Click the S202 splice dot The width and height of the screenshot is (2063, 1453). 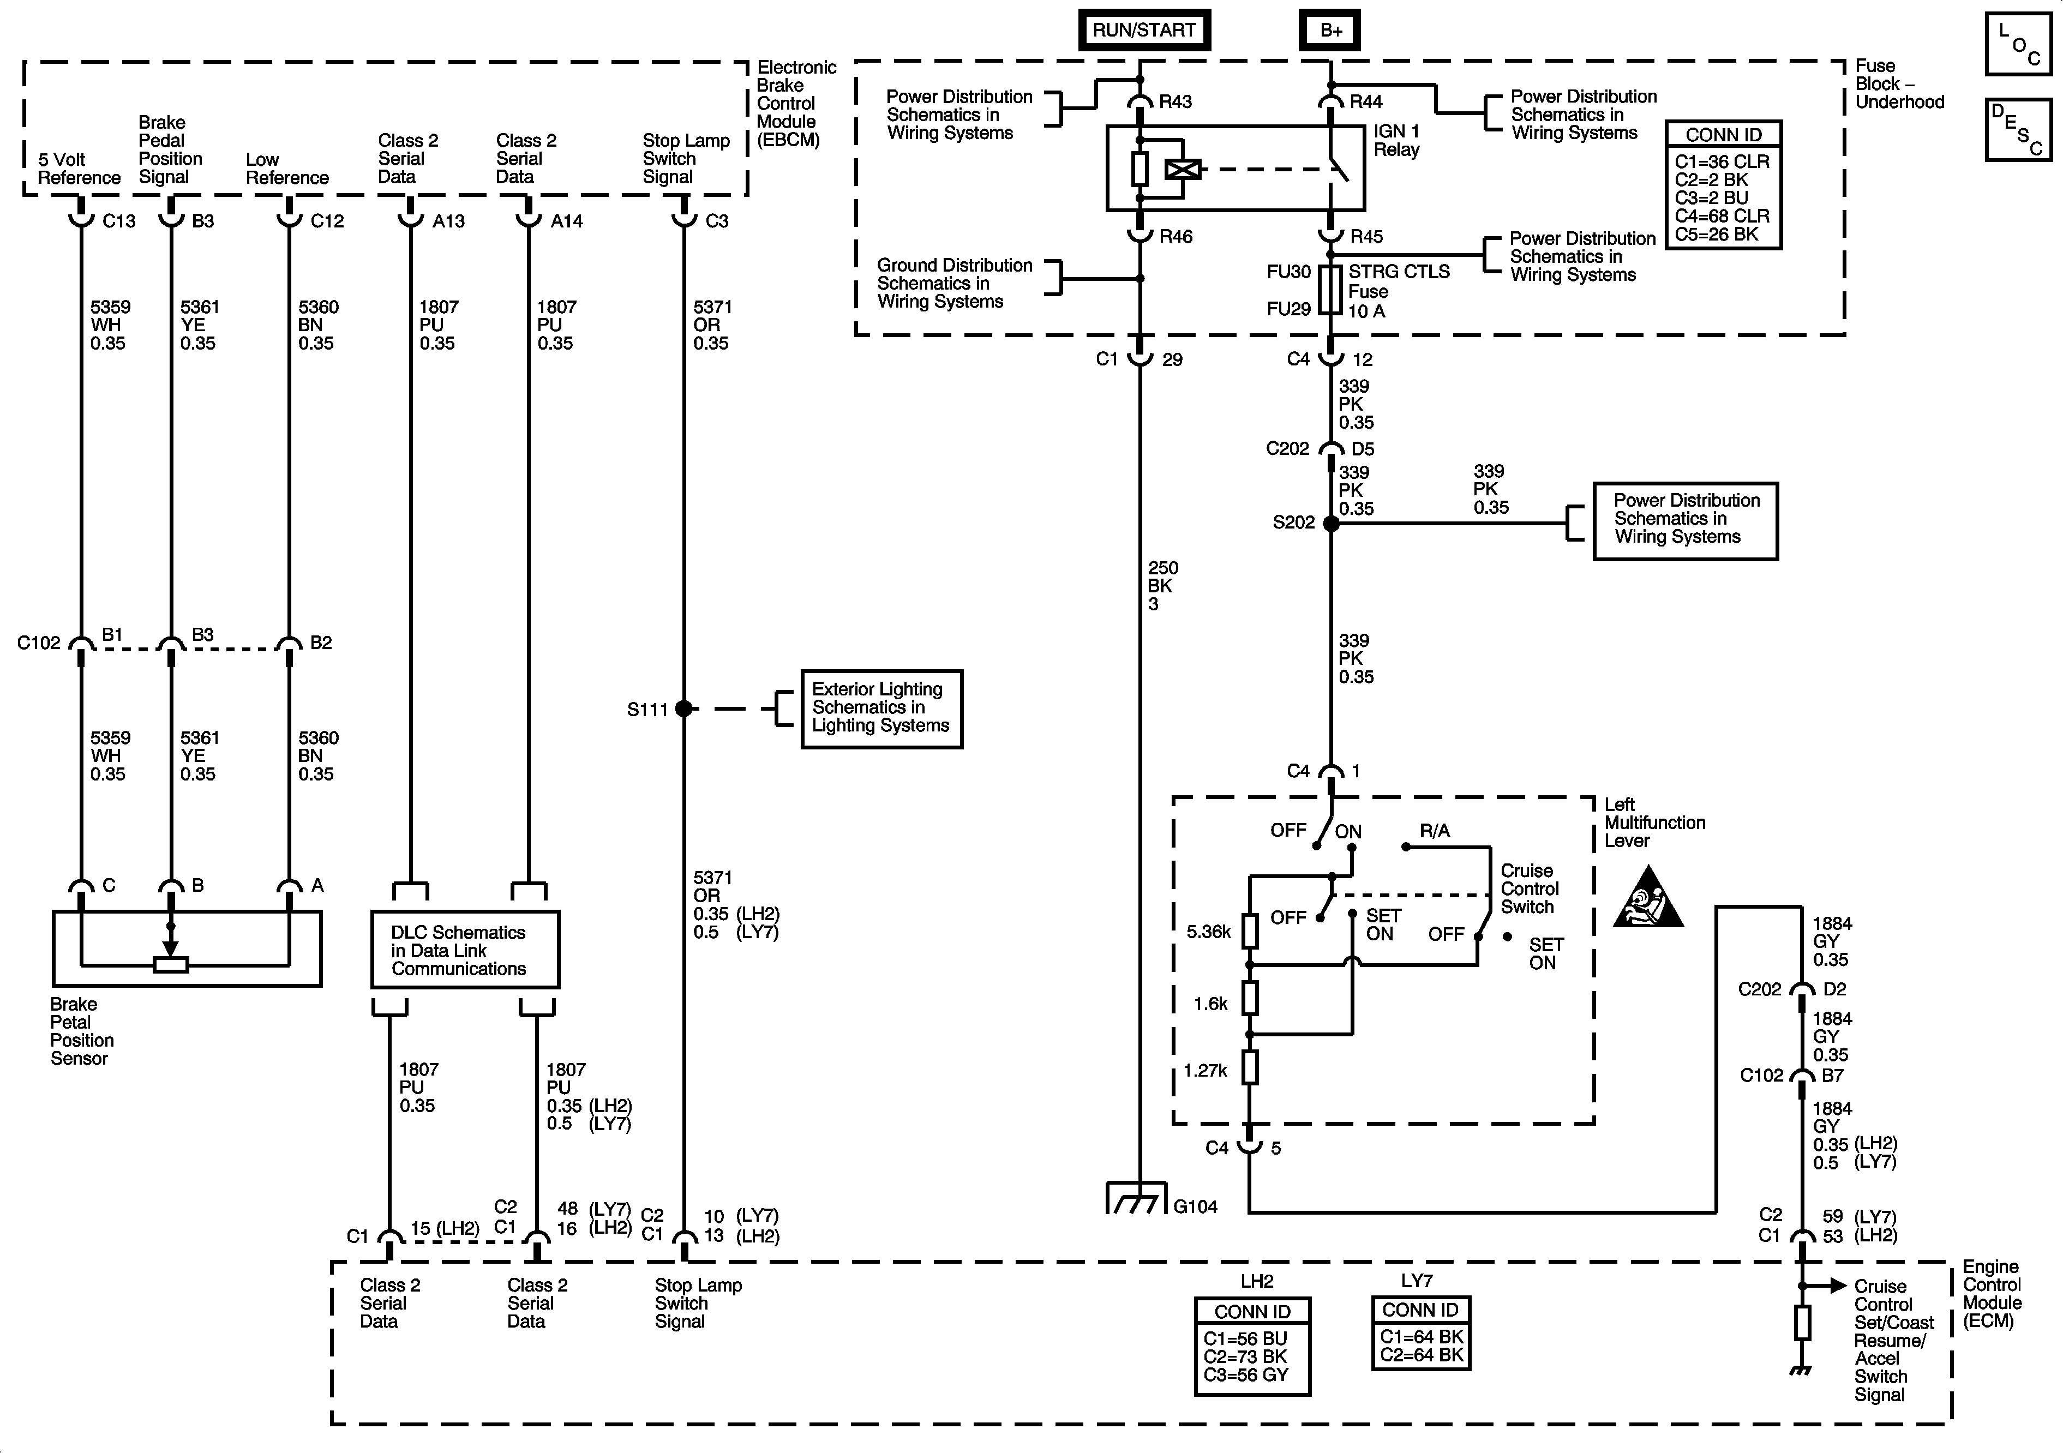coord(1331,523)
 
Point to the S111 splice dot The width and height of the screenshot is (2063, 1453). coord(684,709)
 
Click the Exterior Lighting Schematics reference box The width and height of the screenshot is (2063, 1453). coord(881,708)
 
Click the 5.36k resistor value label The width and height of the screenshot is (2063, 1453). coord(1209,932)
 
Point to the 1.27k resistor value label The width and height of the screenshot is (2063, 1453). coord(1205,1070)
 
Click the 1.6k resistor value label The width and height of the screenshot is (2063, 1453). coord(1210,1004)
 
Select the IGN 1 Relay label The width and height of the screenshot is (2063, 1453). coord(1396,140)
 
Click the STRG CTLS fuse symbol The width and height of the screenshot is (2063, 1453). coord(1331,289)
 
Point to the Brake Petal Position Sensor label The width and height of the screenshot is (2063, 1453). coord(82,1031)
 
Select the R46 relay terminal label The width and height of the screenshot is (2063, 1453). coord(1176,236)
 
